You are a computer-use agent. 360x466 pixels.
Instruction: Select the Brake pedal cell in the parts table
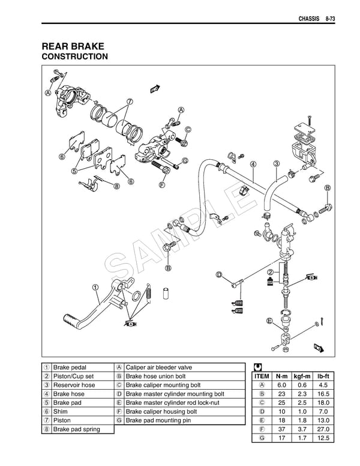pos(70,367)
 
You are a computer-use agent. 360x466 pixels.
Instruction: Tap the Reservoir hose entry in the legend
pos(74,385)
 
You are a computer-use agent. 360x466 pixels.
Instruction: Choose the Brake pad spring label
pos(77,429)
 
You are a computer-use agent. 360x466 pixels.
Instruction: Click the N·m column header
pos(281,376)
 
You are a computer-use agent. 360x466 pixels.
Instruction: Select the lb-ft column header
pos(323,376)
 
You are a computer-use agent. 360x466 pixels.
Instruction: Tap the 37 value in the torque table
pos(281,429)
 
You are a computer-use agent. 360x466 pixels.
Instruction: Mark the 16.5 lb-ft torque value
pos(323,394)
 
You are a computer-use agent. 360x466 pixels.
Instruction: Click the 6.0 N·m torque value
pos(281,385)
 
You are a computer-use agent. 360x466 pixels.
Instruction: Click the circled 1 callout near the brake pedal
pos(96,286)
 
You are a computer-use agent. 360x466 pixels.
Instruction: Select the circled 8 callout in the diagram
pos(116,186)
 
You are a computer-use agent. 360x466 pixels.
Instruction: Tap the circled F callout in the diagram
pos(162,185)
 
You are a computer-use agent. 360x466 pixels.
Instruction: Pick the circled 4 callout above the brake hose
pos(253,164)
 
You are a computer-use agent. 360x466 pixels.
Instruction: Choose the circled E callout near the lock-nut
pos(270,319)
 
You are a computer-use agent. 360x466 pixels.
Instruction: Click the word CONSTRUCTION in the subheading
pos(74,57)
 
